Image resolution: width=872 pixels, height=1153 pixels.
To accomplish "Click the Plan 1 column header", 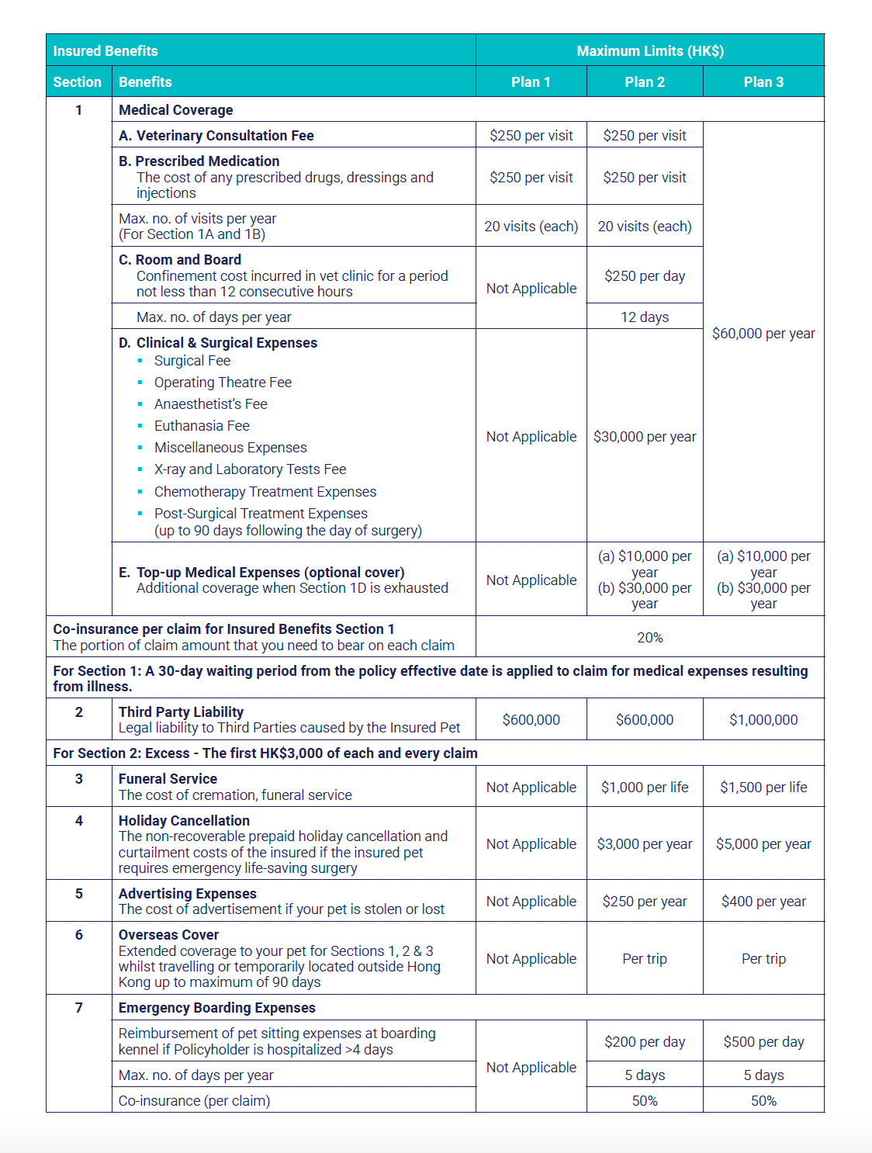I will coord(531,81).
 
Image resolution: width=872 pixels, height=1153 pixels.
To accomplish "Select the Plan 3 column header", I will coord(763,81).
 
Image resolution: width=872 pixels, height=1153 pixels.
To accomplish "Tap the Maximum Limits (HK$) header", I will coord(649,50).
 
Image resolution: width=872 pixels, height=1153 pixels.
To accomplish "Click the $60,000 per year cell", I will coord(763,334).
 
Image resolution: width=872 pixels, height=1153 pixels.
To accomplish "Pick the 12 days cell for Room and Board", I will coord(645,317).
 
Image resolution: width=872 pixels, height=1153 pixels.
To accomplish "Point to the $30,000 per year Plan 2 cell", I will coord(645,437).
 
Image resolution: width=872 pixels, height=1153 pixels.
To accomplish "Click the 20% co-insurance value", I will coord(649,637).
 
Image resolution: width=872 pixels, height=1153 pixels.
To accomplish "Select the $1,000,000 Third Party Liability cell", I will coord(763,719).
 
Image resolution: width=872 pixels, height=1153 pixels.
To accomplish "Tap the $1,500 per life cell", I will coord(763,787).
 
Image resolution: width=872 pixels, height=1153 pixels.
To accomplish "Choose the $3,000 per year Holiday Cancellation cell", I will coord(645,843).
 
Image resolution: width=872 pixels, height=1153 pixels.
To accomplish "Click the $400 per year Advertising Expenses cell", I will coord(763,901).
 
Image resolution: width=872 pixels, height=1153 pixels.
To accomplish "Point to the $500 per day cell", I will coord(763,1041).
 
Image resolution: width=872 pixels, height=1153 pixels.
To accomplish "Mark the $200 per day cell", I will coord(645,1041).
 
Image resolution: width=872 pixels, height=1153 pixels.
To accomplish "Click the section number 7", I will coord(78,1007).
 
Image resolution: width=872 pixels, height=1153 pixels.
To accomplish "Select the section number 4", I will coord(78,820).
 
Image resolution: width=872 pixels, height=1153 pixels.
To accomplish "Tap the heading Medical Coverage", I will coord(175,110).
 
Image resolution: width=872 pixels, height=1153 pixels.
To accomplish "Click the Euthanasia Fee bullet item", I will coord(202,426).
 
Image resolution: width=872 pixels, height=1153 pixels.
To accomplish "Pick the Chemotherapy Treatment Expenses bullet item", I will coord(265,492).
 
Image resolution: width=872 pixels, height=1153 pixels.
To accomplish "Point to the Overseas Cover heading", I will coord(168,935).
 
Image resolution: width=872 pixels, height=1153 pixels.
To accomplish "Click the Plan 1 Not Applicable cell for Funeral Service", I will coord(531,787).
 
